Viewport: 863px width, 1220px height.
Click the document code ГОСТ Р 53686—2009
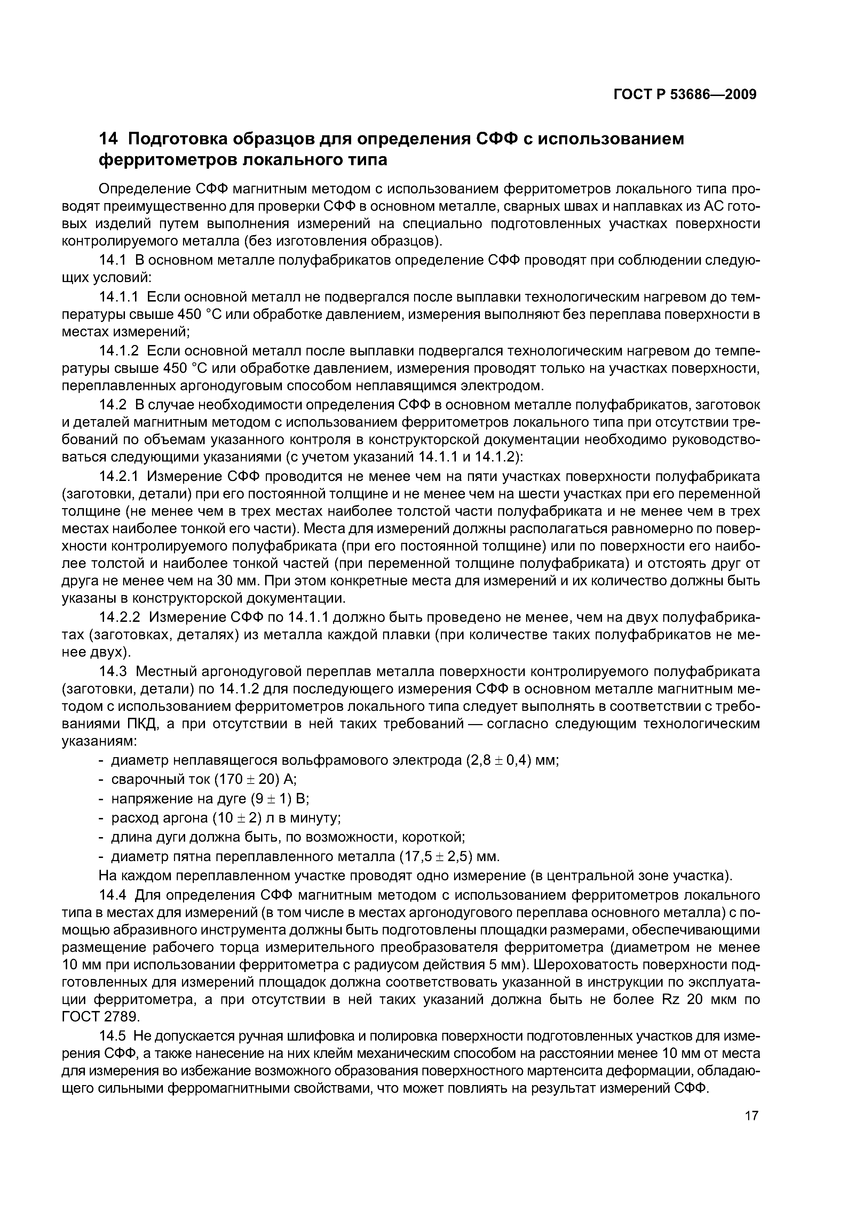[x=685, y=95]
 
